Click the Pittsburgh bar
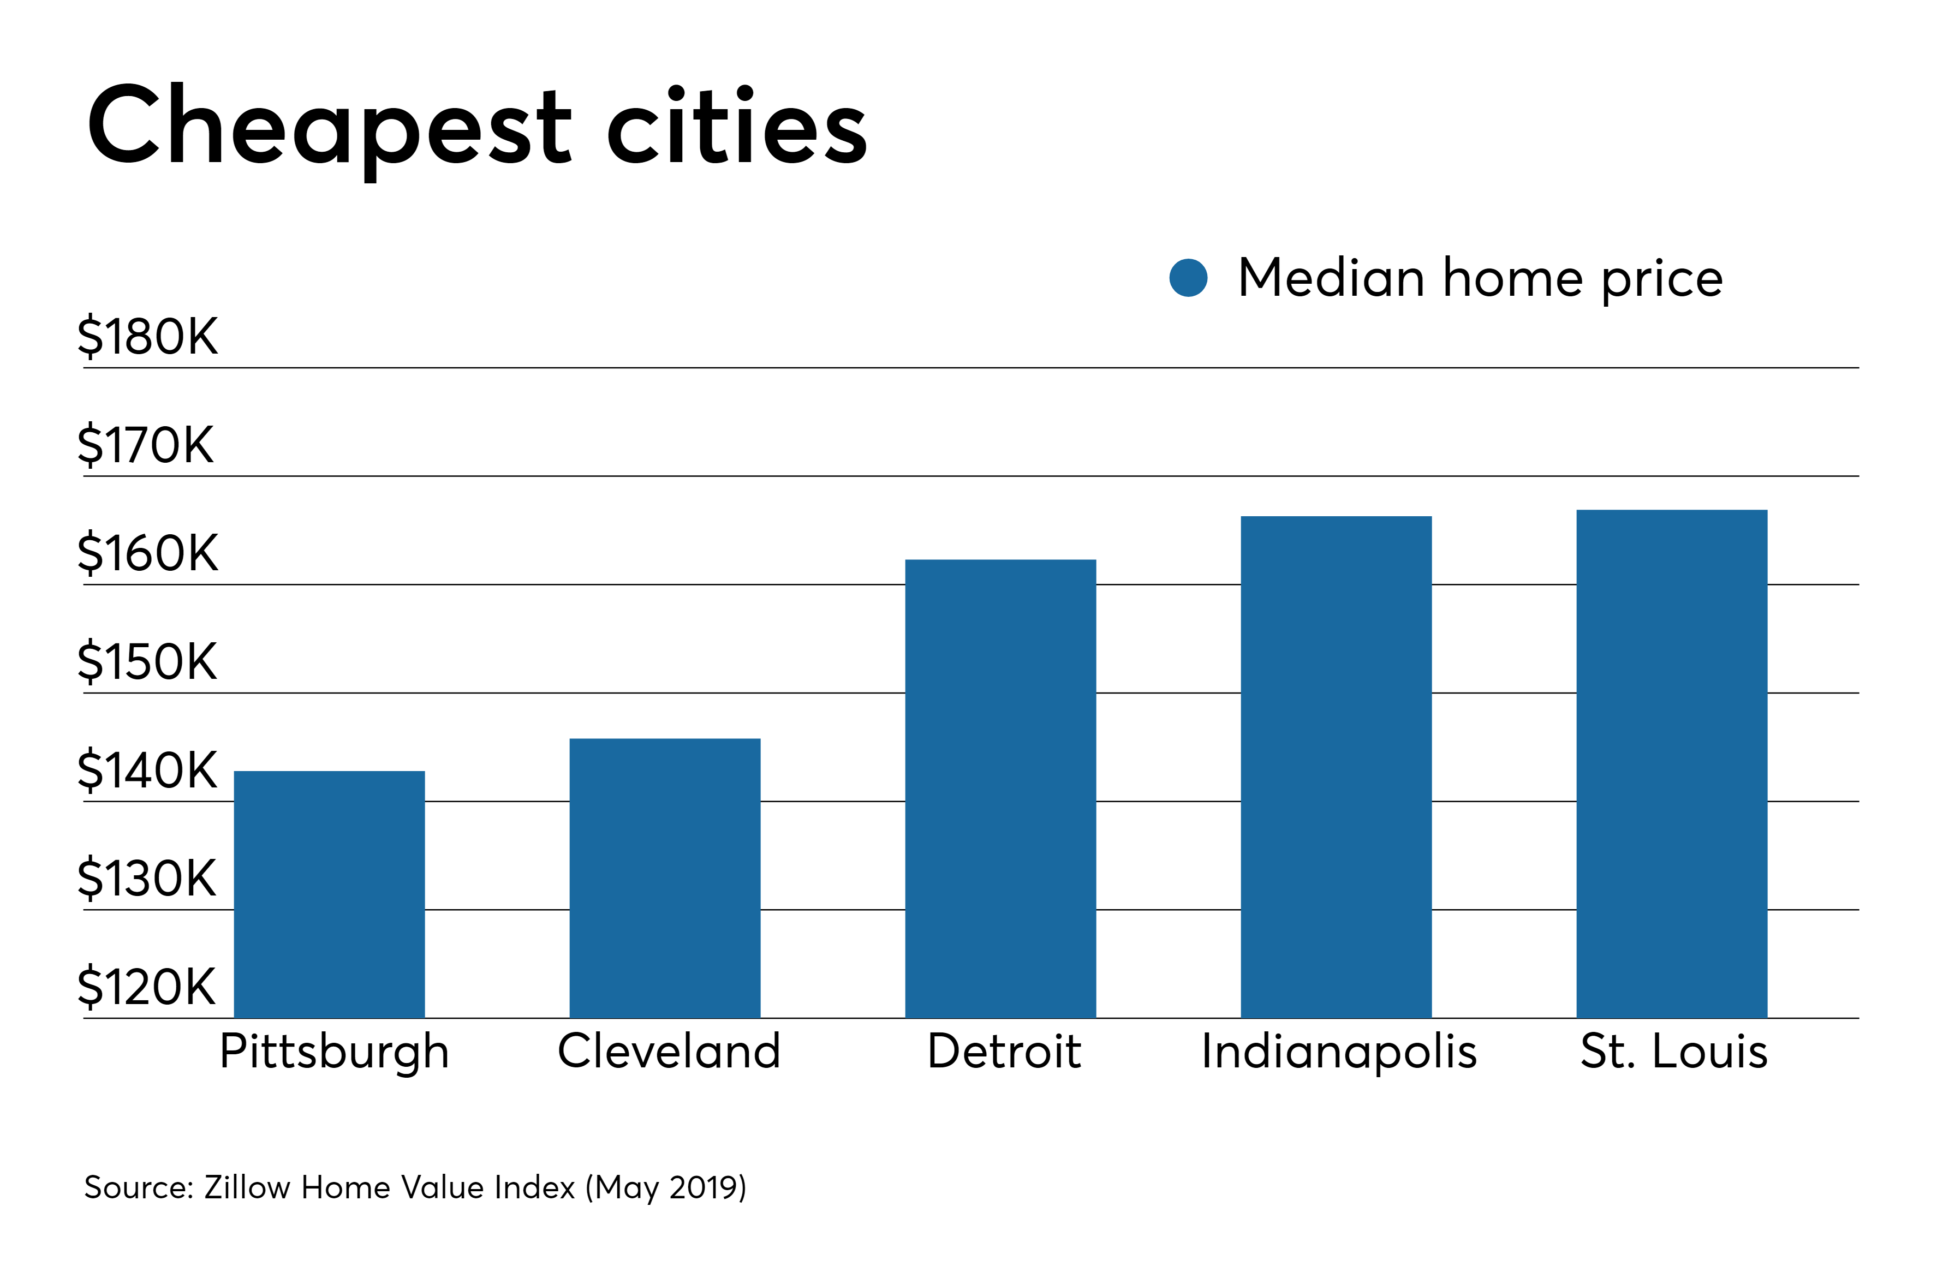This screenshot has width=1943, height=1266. click(x=329, y=894)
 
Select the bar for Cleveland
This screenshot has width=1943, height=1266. click(x=665, y=877)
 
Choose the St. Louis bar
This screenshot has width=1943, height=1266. click(x=1671, y=763)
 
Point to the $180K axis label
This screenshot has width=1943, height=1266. click(x=148, y=336)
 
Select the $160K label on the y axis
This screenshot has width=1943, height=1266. click(x=148, y=553)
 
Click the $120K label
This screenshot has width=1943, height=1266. click(x=147, y=986)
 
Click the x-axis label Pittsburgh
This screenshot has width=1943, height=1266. click(x=334, y=1052)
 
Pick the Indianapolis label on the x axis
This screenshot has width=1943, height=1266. click(x=1339, y=1052)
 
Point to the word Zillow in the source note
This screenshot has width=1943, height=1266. click(x=247, y=1187)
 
